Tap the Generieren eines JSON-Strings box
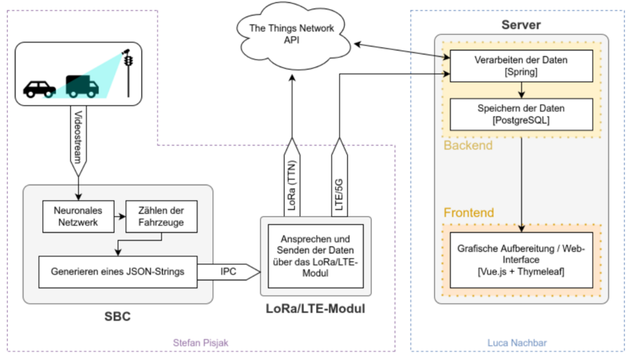(118, 271)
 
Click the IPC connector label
(228, 271)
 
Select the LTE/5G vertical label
(339, 184)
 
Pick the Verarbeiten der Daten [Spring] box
(521, 66)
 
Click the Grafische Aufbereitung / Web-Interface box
(521, 260)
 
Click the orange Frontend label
(469, 212)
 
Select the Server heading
(521, 26)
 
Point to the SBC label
(117, 317)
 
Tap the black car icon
(39, 88)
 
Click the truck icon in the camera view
(82, 86)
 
